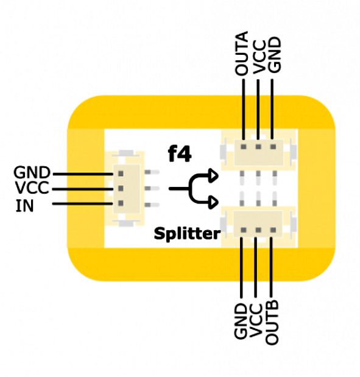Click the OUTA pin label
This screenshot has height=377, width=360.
click(x=241, y=53)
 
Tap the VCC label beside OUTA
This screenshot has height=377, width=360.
click(x=259, y=57)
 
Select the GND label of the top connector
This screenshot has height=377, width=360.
click(x=274, y=55)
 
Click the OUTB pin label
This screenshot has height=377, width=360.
click(x=272, y=323)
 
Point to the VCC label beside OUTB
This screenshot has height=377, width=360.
click(x=256, y=320)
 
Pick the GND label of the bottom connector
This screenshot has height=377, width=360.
click(x=241, y=321)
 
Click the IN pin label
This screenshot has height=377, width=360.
click(x=24, y=206)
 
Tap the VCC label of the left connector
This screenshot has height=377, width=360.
click(x=32, y=188)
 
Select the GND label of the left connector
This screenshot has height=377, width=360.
click(x=32, y=172)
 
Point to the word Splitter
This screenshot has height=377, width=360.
click(x=187, y=233)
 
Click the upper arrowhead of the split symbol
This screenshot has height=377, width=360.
click(x=214, y=175)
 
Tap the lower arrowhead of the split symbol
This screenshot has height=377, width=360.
click(x=214, y=202)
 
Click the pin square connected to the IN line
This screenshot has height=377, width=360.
click(x=121, y=203)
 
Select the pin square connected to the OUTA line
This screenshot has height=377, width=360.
click(x=244, y=146)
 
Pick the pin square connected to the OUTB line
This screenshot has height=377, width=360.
click(x=273, y=230)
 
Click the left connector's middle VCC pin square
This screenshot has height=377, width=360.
click(x=121, y=188)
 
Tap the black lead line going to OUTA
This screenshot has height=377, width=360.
click(x=244, y=110)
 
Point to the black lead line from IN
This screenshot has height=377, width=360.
click(x=82, y=204)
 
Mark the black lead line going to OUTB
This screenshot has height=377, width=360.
click(x=271, y=267)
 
